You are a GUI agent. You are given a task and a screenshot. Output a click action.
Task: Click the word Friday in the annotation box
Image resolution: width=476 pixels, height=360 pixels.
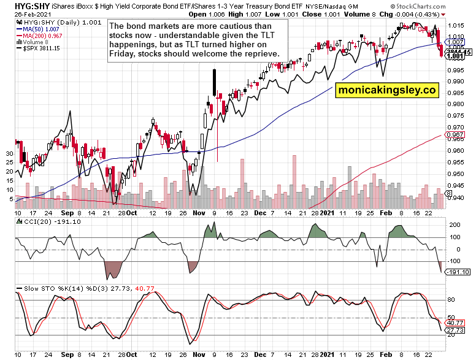[x=122, y=54]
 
